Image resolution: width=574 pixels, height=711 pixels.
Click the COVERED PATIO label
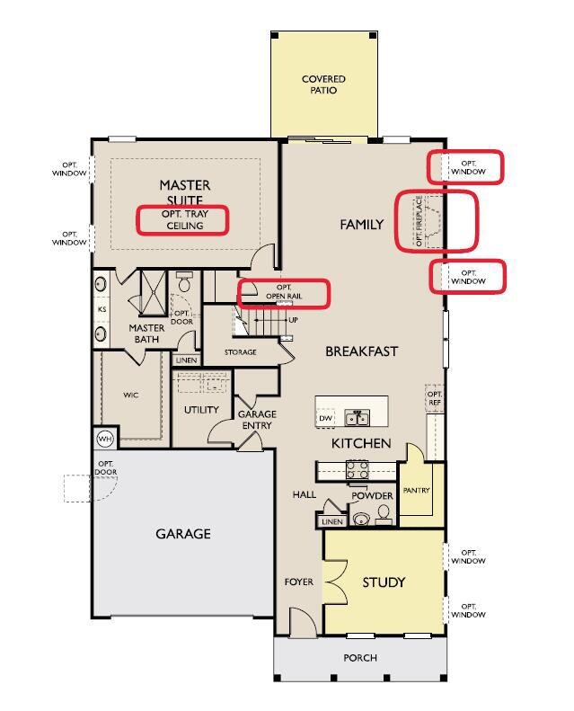pos(323,84)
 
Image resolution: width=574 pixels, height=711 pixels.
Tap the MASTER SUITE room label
pos(185,191)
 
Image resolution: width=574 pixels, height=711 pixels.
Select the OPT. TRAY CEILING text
pos(185,219)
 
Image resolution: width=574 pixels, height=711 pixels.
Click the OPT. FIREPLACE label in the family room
pos(419,221)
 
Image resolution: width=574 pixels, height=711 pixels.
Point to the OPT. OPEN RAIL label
pos(284,292)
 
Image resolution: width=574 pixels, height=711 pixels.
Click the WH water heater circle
pos(105,439)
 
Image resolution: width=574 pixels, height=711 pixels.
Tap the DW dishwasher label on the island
pos(325,418)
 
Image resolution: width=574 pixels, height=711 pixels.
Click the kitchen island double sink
pos(357,417)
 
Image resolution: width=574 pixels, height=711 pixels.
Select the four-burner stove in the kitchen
pos(358,469)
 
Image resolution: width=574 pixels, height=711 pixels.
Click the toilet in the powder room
pos(384,514)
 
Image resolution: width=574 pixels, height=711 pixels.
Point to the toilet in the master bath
pos(184,282)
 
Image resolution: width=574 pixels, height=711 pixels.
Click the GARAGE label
pos(183,534)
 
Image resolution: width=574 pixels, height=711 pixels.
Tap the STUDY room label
pos(384,582)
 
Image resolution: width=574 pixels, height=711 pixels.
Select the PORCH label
pos(360,657)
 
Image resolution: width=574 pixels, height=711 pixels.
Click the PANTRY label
pos(416,490)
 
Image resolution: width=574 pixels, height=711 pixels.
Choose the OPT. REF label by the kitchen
pos(435,398)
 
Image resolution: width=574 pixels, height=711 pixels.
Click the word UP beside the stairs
pos(293,320)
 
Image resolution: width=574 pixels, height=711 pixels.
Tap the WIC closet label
pos(131,395)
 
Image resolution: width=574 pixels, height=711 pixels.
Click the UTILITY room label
pos(201,410)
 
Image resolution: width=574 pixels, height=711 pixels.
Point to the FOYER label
pos(298,582)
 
